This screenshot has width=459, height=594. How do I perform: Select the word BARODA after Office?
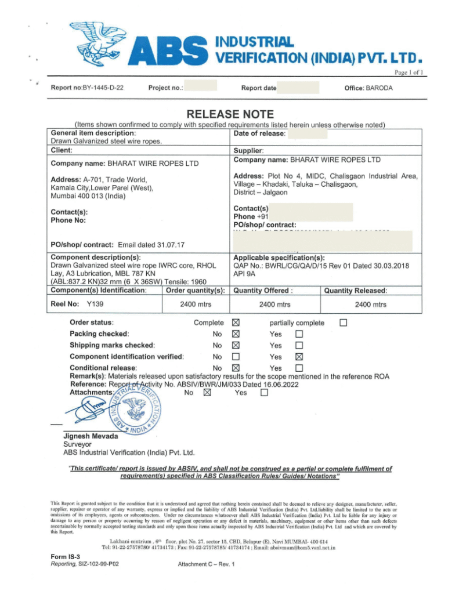coord(379,88)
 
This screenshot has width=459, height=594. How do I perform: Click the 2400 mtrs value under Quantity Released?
coord(371,305)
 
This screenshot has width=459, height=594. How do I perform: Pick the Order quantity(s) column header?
coord(194,290)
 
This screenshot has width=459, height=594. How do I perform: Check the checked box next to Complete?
coord(235,323)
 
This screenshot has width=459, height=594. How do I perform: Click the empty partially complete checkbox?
coord(344,323)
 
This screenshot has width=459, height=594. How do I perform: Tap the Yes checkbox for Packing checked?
coord(299,334)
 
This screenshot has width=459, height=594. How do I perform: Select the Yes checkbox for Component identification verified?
coord(299,357)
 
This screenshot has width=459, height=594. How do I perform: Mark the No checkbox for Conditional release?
coord(235,368)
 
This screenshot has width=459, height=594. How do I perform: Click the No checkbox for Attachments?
coord(207,393)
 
